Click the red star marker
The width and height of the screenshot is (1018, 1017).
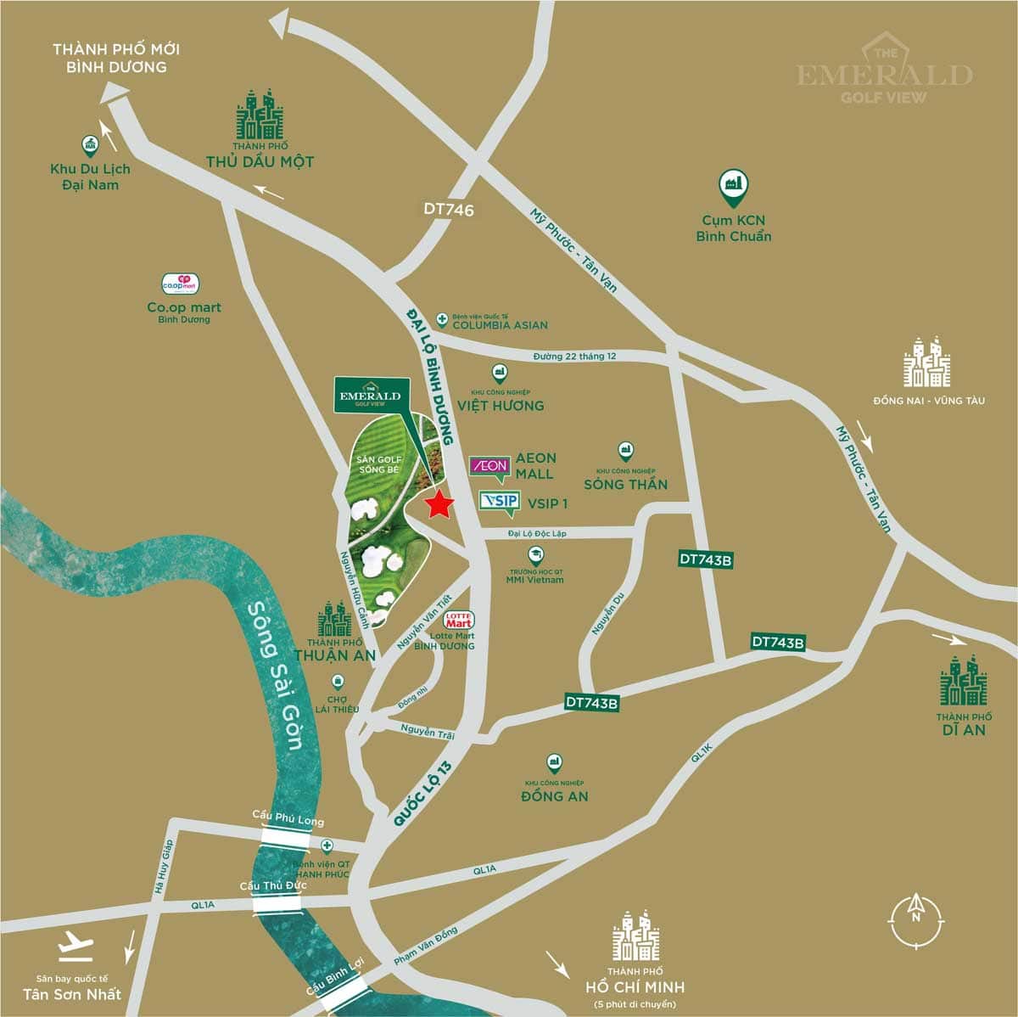pyautogui.click(x=439, y=504)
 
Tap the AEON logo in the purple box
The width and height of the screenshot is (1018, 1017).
pyautogui.click(x=489, y=465)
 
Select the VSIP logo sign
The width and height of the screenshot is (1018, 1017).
pyautogui.click(x=499, y=501)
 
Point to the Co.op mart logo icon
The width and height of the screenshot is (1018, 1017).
pyautogui.click(x=180, y=284)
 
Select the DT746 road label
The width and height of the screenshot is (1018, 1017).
pyautogui.click(x=449, y=210)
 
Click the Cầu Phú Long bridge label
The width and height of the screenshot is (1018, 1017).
pyautogui.click(x=288, y=816)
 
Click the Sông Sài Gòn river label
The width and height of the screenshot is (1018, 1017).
pyautogui.click(x=277, y=675)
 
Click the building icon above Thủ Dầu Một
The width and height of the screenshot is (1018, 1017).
pyautogui.click(x=260, y=115)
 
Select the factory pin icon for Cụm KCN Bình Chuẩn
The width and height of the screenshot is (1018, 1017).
pyautogui.click(x=732, y=184)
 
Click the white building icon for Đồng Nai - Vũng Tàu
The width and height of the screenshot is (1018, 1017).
pyautogui.click(x=927, y=362)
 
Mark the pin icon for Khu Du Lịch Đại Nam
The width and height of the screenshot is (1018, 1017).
pyautogui.click(x=90, y=145)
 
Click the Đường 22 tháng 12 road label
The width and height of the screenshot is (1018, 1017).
pyautogui.click(x=574, y=356)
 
